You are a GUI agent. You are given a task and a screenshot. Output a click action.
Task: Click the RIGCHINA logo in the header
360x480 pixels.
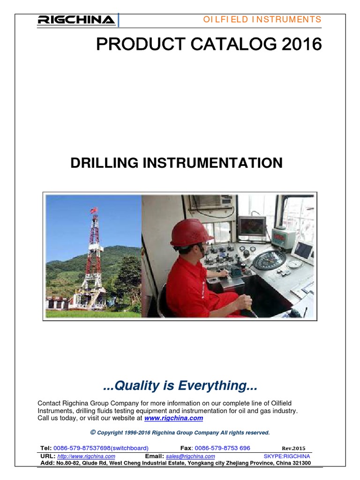point(76,20)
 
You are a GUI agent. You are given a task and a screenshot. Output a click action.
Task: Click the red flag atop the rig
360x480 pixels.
point(93,210)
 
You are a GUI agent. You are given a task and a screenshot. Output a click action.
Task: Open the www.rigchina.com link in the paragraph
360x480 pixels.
point(173,418)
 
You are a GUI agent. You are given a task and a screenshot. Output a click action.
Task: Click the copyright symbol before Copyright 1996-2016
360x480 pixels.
point(93,432)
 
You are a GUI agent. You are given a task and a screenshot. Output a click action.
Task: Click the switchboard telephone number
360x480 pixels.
point(101,448)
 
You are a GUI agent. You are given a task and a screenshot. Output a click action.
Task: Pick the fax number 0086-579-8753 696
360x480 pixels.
point(222,448)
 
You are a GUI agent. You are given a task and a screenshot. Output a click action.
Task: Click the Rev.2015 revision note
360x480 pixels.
point(293,448)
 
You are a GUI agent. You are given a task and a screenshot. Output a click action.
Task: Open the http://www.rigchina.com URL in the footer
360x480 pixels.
point(86,456)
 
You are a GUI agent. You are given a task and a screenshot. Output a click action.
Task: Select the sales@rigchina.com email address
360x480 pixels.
point(190,456)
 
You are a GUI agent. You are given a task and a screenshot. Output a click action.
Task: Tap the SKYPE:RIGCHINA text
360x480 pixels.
point(287,456)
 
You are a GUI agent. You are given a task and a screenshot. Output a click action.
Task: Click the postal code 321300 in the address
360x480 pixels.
point(300,463)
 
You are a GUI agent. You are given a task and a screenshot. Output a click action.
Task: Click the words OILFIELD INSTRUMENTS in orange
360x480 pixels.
point(262,19)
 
